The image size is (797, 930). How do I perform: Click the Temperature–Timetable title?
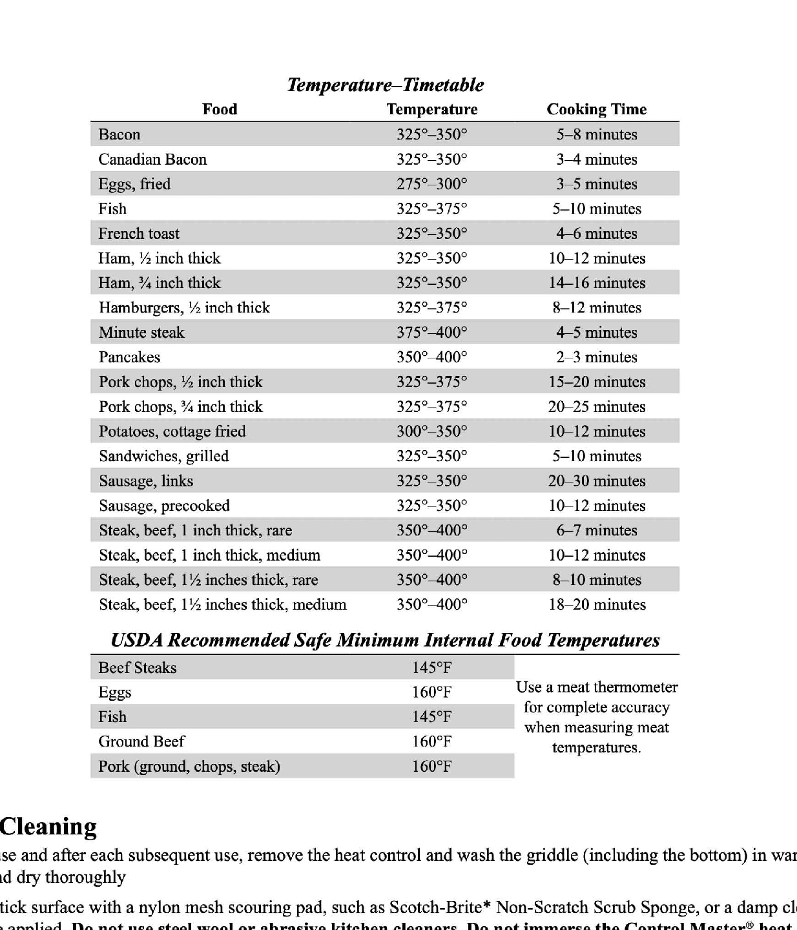[386, 85]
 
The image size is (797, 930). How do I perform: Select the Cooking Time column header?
[596, 109]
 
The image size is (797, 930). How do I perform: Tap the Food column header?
[220, 109]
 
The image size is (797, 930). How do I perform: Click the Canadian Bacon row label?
[152, 160]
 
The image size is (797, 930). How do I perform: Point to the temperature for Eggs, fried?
[431, 184]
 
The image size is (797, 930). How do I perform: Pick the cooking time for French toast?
[596, 234]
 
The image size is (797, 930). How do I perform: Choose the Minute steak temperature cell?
[431, 333]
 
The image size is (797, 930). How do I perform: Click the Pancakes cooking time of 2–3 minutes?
[596, 357]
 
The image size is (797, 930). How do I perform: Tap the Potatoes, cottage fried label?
[172, 431]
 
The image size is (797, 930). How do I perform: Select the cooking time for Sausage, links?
[596, 481]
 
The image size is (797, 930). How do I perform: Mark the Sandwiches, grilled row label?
[163, 457]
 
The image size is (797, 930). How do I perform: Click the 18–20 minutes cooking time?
[596, 605]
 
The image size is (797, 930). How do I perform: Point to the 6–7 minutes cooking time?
[596, 531]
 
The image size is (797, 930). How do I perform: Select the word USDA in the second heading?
[136, 640]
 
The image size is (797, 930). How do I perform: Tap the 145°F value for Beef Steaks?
[431, 668]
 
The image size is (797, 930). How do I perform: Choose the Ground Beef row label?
[141, 741]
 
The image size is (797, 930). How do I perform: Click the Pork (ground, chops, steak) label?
[189, 767]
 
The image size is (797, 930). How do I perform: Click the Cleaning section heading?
[48, 827]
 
